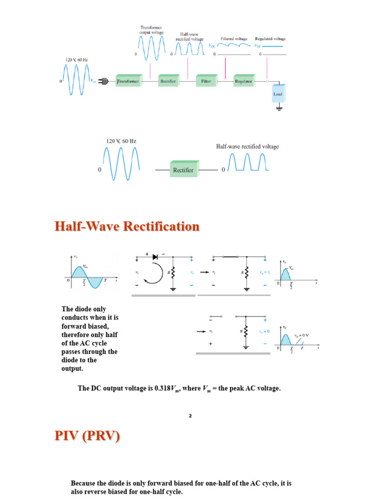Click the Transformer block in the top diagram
(128, 81)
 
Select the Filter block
(206, 81)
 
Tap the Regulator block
(243, 81)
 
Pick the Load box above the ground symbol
(278, 93)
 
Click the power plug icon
(103, 81)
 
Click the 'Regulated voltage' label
(270, 39)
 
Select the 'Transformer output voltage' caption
(151, 30)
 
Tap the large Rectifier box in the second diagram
(183, 170)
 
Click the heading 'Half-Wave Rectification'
(127, 227)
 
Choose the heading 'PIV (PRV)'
(87, 436)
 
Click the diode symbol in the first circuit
(156, 256)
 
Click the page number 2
(190, 416)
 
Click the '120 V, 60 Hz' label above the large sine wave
(121, 141)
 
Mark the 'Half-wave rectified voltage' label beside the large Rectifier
(248, 146)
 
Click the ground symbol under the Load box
(279, 108)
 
